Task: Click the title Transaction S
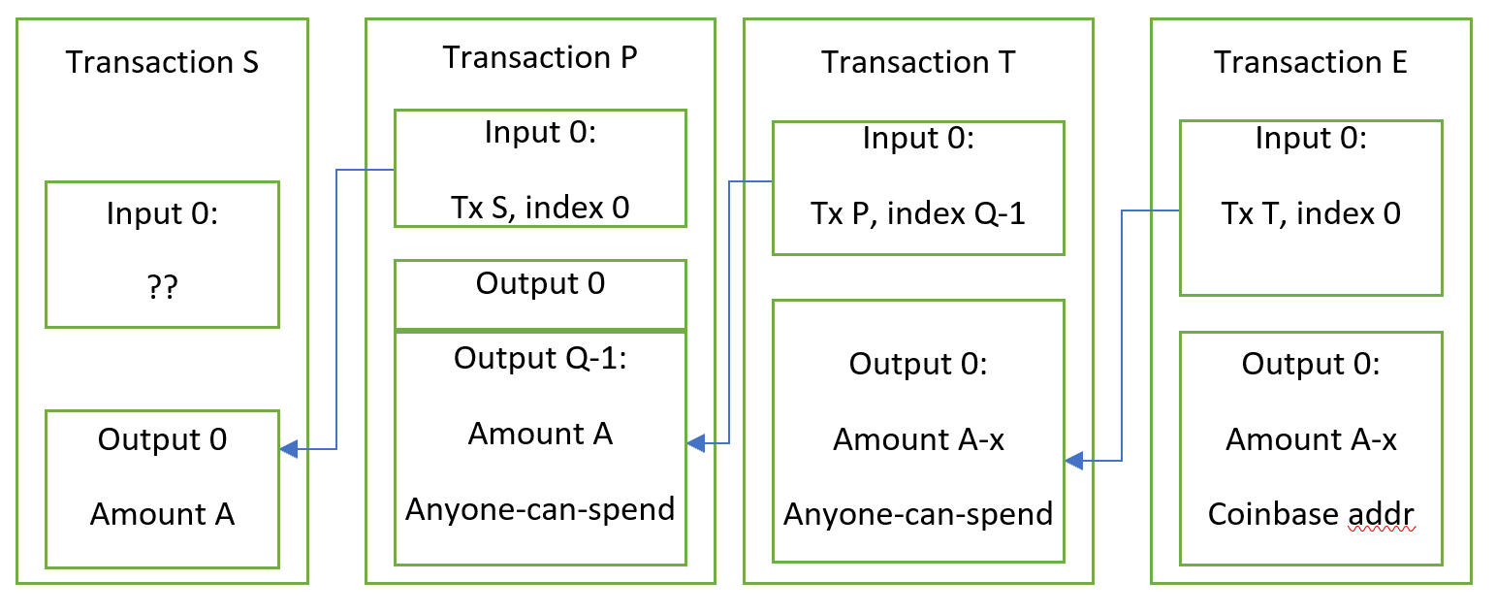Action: coord(162,62)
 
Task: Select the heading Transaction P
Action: coord(540,57)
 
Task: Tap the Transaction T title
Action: coord(917,62)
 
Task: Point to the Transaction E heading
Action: coord(1310,62)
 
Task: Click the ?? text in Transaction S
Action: coord(162,288)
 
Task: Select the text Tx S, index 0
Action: coord(540,207)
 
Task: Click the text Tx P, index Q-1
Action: coord(917,213)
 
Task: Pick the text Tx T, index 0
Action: coord(1310,213)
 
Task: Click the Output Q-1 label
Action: coord(540,358)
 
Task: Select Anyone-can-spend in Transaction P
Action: coord(540,509)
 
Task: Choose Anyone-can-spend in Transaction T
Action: coord(917,514)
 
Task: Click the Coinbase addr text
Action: coord(1310,514)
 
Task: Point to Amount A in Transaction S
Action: coord(162,514)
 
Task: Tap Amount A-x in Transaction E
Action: coord(1310,439)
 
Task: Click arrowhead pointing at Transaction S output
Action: coord(288,449)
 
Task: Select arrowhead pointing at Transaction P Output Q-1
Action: coord(694,443)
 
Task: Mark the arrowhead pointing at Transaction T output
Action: coord(1072,461)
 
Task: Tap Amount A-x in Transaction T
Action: coord(917,439)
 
